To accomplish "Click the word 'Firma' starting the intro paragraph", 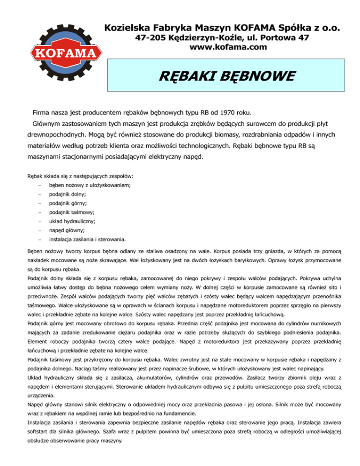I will [x=42, y=113].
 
